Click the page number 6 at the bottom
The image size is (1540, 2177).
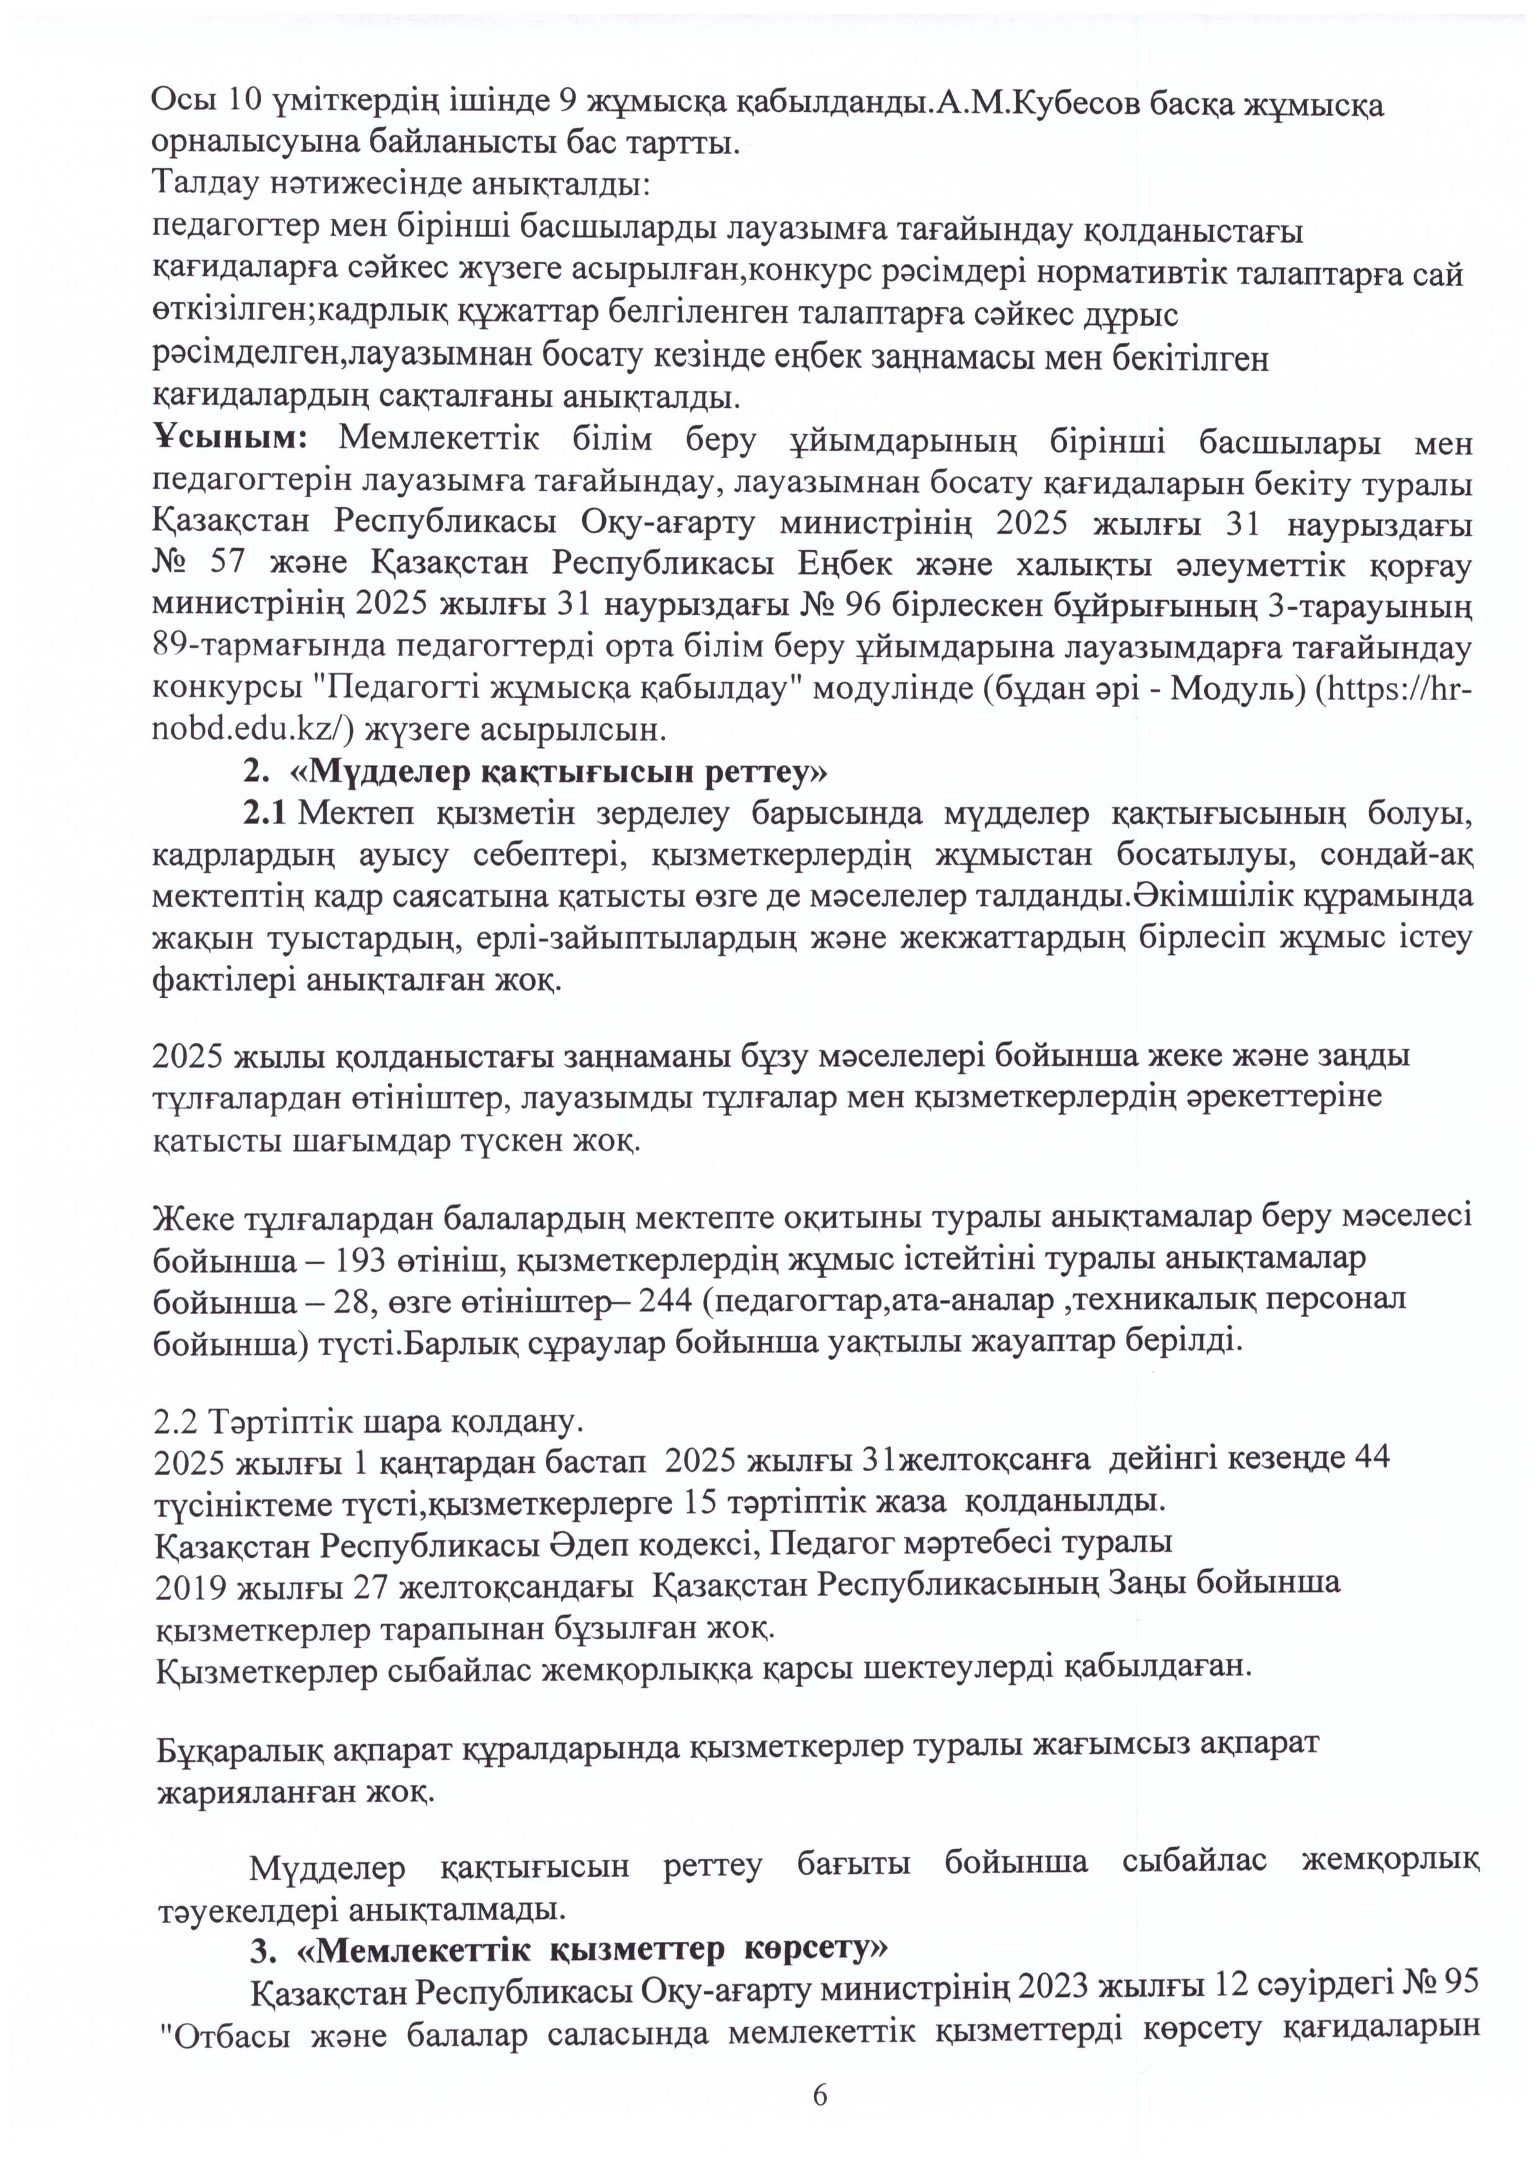[819, 2121]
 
